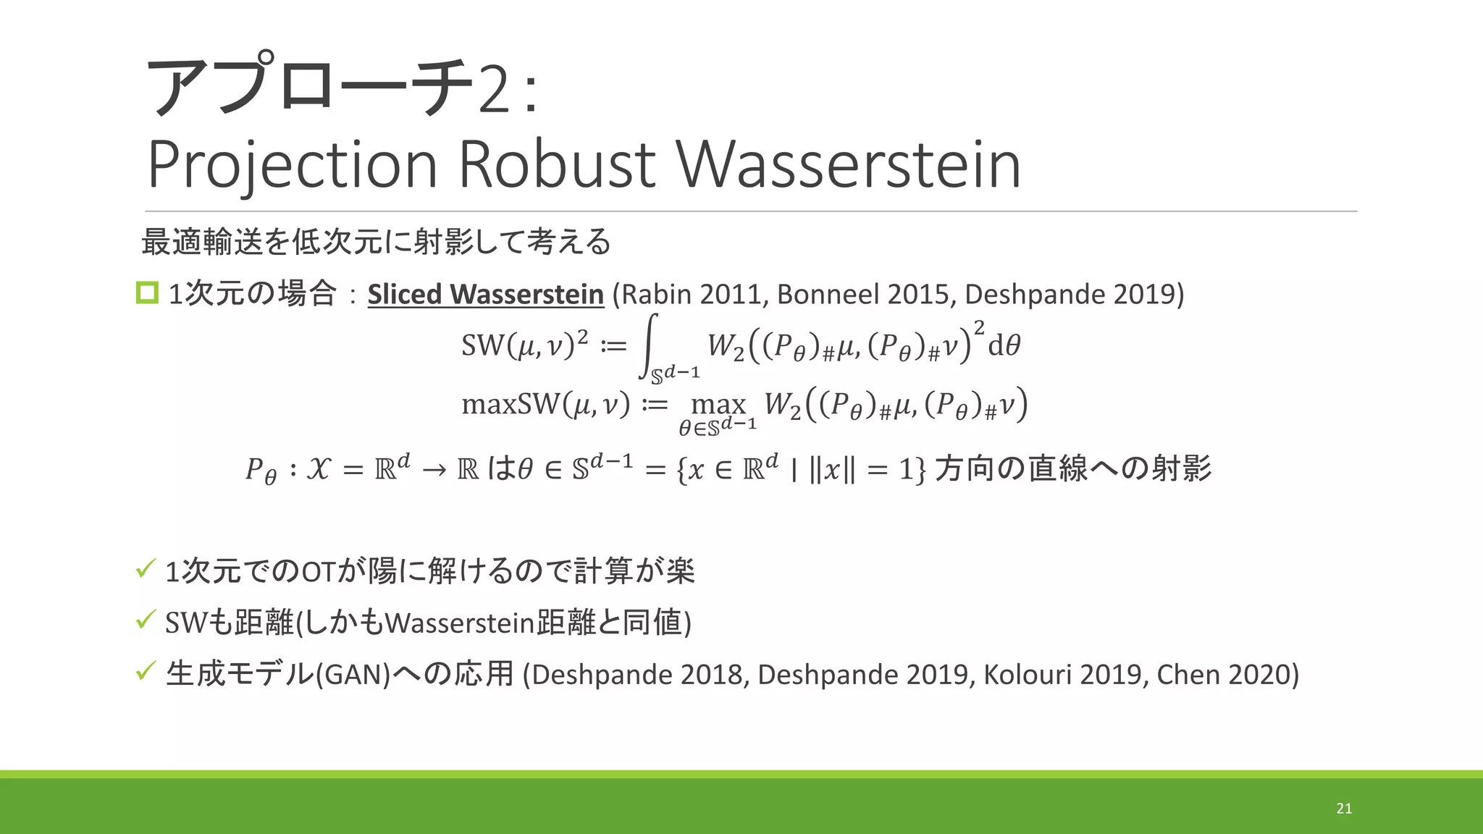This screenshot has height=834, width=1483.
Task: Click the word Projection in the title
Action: [293, 166]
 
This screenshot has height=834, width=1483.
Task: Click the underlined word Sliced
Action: [404, 294]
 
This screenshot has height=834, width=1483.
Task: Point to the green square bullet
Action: [147, 292]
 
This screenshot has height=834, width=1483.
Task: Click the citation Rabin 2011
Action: [693, 294]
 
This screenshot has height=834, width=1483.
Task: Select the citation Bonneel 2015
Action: [865, 294]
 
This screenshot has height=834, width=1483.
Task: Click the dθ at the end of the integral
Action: [1004, 345]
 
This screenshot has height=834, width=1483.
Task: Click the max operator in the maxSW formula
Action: [718, 403]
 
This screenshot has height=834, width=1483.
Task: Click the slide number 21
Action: [1344, 809]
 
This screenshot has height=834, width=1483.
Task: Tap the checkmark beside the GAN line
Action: [146, 671]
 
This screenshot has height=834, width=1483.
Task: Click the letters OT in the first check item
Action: [318, 572]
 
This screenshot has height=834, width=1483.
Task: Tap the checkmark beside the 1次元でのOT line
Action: [146, 568]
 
